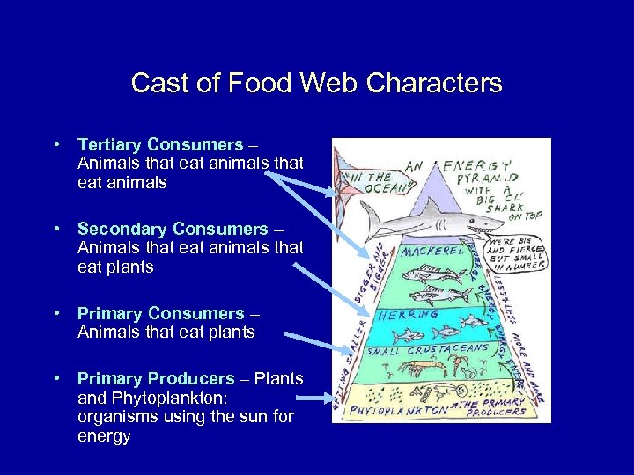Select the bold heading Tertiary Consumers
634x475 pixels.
[x=160, y=144]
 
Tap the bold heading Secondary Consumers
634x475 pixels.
[x=173, y=229]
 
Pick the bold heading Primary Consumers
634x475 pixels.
[x=160, y=313]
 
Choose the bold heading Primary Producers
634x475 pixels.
[x=156, y=378]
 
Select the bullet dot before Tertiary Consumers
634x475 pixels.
[x=55, y=144]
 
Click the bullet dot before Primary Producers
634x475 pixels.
[x=55, y=378]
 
